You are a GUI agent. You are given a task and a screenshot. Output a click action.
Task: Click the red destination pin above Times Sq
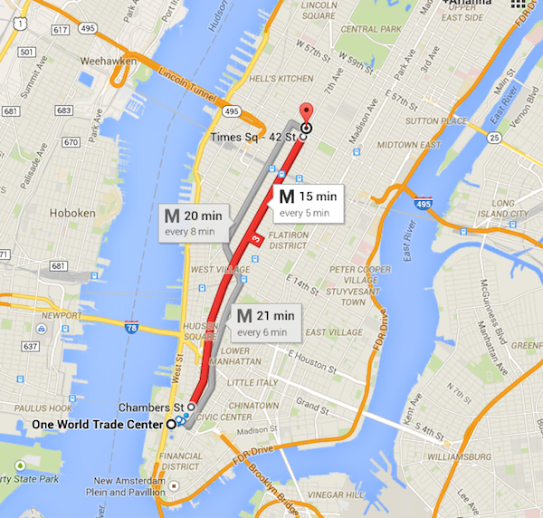tap(305, 112)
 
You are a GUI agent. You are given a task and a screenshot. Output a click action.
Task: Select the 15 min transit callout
tap(307, 203)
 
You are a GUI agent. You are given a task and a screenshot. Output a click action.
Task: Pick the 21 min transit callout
tap(265, 322)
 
